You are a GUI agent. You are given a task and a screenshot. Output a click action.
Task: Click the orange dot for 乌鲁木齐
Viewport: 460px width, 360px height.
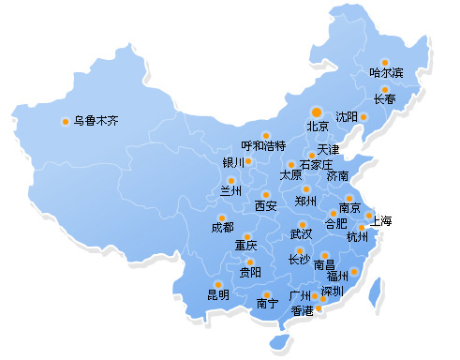click(x=66, y=120)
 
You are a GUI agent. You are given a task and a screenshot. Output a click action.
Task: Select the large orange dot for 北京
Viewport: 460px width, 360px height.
click(x=317, y=111)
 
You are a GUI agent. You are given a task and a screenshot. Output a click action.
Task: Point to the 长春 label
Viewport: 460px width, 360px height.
click(x=385, y=99)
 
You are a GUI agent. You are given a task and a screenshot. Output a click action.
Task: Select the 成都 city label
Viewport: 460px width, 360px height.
click(x=223, y=228)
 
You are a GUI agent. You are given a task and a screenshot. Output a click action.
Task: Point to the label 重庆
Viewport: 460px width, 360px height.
click(x=245, y=246)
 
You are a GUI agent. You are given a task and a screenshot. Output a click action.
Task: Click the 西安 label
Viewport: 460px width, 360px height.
click(x=266, y=206)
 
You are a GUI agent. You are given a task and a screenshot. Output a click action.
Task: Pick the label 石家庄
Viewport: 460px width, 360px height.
click(x=316, y=164)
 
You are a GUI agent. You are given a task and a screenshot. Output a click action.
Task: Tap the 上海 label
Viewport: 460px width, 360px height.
click(x=380, y=221)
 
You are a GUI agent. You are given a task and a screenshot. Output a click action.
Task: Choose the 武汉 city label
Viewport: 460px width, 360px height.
click(x=301, y=233)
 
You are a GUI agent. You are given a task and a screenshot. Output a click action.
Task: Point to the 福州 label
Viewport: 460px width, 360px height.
click(x=337, y=276)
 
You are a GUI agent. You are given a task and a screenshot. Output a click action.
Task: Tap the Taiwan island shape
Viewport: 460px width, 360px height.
click(x=376, y=293)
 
